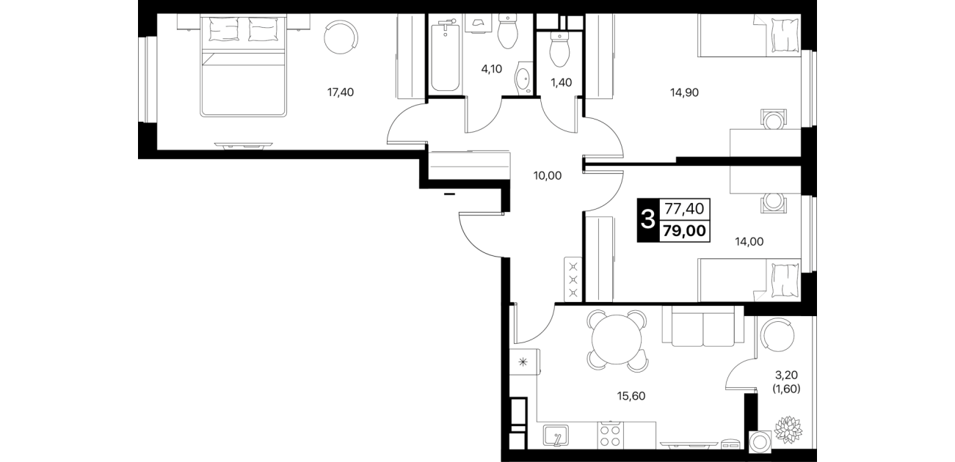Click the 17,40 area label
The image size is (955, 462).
click(x=340, y=92)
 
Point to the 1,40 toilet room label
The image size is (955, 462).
click(x=562, y=83)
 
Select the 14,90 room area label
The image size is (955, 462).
click(x=684, y=92)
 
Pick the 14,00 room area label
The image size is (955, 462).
click(x=749, y=242)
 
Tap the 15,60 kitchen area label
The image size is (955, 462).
click(x=631, y=396)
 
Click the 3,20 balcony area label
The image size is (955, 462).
click(x=786, y=375)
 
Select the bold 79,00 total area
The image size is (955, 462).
click(x=685, y=231)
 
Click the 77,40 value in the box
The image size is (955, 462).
click(x=685, y=209)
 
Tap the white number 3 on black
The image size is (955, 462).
click(x=648, y=220)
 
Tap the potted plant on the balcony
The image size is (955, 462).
click(x=788, y=430)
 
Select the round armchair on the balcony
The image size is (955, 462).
click(x=778, y=334)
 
